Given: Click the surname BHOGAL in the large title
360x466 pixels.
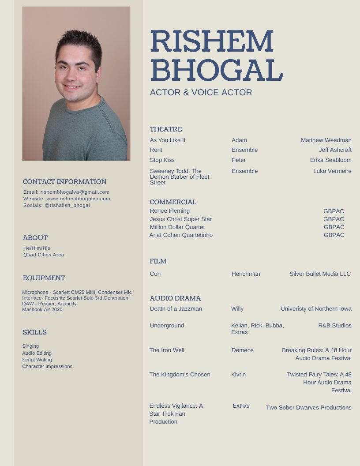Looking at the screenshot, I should (x=216, y=70).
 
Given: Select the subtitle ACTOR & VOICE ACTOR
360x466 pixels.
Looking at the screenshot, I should (x=201, y=92).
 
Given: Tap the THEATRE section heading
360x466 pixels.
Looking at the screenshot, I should (x=166, y=129).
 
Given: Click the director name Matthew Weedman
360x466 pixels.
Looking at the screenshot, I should (x=326, y=140).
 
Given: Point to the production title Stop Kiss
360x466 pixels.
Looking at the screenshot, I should (x=162, y=160).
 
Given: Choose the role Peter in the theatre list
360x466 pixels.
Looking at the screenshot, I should (x=239, y=160).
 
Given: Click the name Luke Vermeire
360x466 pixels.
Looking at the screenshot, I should (x=332, y=171).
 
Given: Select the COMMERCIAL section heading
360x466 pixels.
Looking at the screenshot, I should (x=173, y=202).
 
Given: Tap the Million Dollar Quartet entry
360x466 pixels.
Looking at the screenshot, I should (x=177, y=227).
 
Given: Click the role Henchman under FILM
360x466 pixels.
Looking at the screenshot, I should (x=246, y=274).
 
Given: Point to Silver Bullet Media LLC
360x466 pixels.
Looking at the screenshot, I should (x=320, y=274).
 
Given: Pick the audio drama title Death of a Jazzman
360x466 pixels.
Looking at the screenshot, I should (x=176, y=309).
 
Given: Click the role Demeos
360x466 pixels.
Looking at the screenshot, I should (x=243, y=350).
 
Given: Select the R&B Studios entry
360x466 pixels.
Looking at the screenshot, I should (x=335, y=326).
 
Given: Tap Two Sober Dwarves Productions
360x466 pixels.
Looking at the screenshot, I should (x=308, y=408).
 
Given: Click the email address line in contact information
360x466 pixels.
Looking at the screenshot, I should (x=66, y=192).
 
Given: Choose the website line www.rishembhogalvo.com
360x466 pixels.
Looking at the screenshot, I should (x=67, y=199).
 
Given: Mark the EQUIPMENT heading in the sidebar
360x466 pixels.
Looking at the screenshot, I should (x=44, y=278).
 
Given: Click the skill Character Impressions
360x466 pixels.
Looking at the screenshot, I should (x=47, y=367).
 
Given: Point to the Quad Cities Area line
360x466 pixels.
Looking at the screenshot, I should (x=44, y=255).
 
